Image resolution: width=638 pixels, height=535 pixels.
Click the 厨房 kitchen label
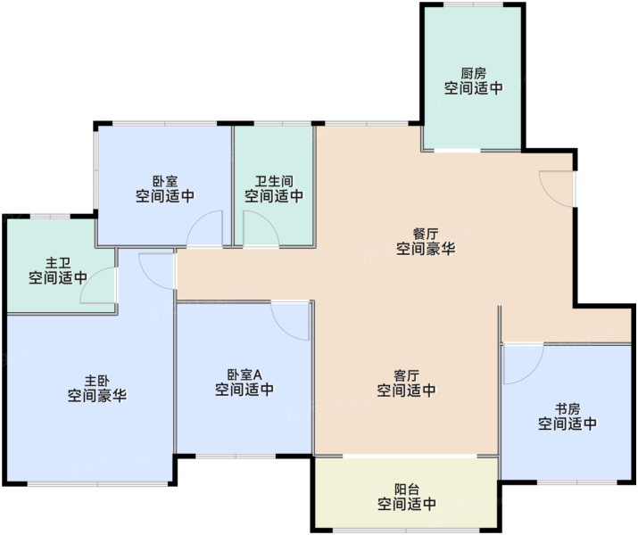pos(473,74)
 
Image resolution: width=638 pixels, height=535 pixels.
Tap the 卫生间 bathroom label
pos(274,181)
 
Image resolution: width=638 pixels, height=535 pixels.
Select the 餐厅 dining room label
pos(426,235)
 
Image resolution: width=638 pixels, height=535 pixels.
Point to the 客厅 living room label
pos(407,375)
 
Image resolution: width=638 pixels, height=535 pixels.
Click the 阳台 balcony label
pos(407,489)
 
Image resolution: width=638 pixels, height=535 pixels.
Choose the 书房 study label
pos(568,408)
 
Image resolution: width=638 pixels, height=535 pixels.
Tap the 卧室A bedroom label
pos(244,374)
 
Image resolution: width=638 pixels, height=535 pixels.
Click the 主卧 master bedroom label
pos(97,381)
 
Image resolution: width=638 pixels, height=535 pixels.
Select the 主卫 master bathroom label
pos(58,263)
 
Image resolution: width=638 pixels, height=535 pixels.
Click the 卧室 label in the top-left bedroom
pos(165,181)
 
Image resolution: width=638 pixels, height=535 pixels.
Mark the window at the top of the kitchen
pos(473,4)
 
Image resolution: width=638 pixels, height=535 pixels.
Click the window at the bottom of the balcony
pos(407,531)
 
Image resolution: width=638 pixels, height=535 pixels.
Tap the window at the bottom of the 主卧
pos(97,484)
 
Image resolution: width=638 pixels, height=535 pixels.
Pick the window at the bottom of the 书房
pos(577,482)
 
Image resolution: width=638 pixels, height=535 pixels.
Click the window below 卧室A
pos(236,457)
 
